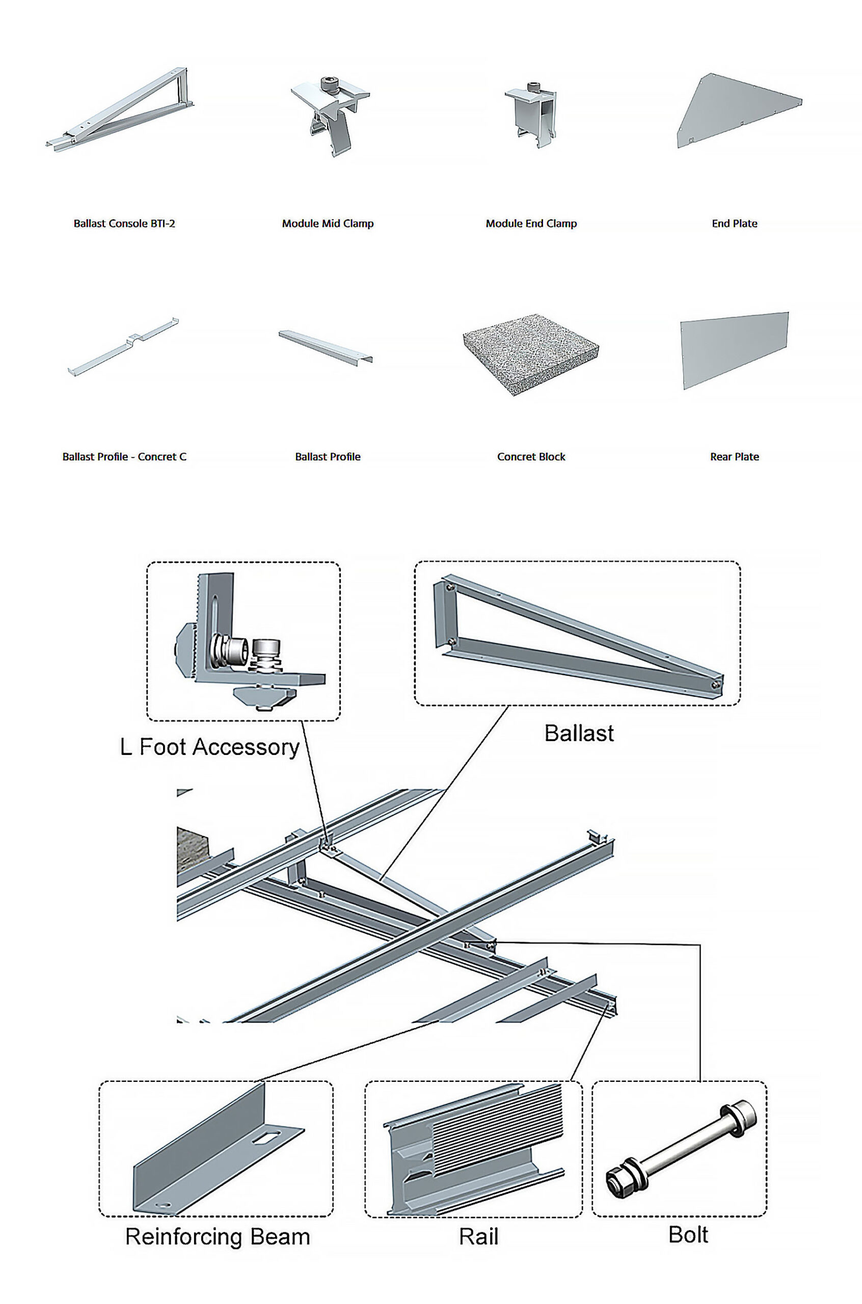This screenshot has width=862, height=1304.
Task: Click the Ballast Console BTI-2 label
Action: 124,224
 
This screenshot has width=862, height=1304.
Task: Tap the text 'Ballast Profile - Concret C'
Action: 124,456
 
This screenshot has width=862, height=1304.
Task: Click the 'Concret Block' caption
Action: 531,456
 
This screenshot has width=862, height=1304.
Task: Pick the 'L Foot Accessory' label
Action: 209,747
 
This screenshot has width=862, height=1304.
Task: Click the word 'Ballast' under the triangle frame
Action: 579,733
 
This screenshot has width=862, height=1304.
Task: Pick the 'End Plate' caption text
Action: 735,224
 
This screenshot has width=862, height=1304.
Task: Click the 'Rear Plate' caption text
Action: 735,456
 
